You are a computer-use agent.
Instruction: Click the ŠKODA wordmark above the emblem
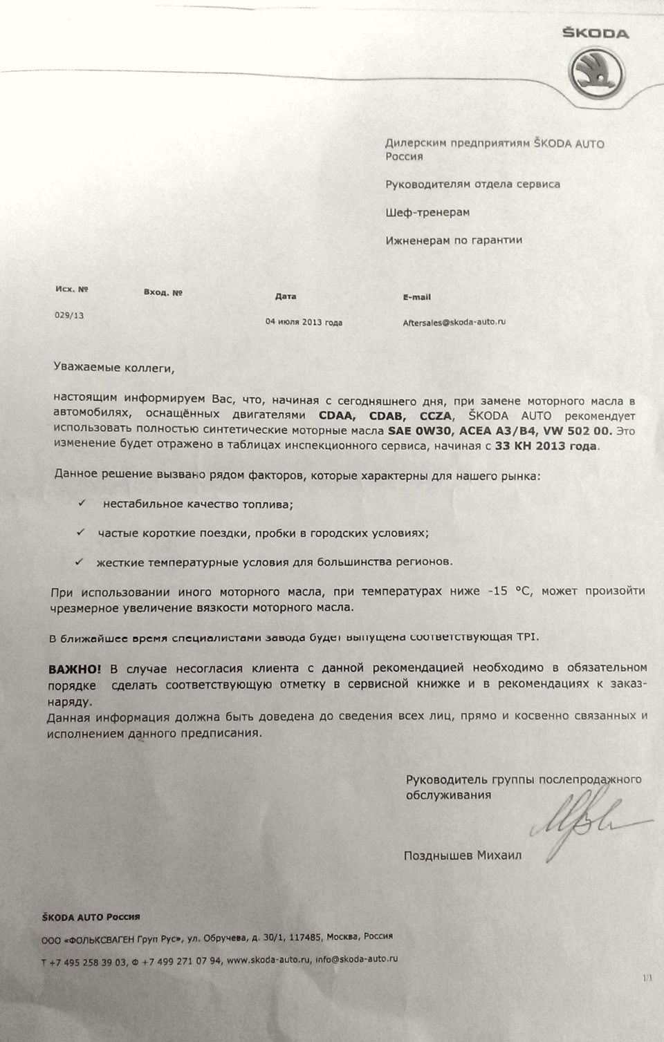[595, 33]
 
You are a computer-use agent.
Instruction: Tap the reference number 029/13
[69, 316]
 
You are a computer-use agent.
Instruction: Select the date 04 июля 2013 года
[304, 322]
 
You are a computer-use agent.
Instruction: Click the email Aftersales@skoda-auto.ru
[454, 322]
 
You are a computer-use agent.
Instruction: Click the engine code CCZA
[436, 416]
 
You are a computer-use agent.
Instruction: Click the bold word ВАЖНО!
[75, 669]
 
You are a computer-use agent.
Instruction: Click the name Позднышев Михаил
[463, 855]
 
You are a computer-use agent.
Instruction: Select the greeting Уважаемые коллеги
[114, 368]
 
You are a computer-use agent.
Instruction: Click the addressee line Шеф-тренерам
[427, 212]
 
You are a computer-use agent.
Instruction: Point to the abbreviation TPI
[526, 637]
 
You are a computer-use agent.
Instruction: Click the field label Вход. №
[163, 293]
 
